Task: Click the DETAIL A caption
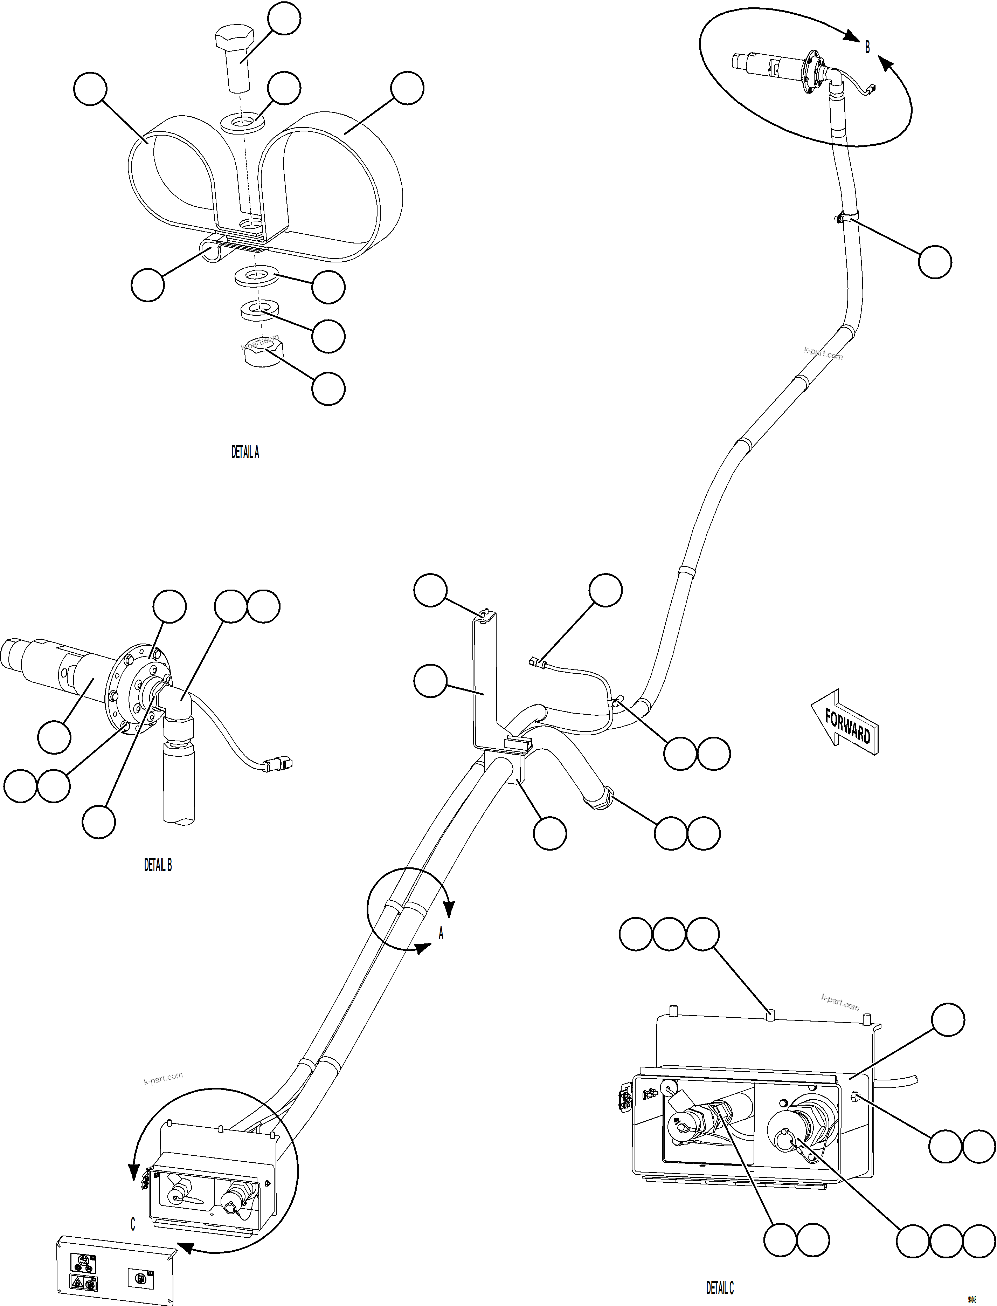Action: click(x=245, y=452)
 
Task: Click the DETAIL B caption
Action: click(x=158, y=866)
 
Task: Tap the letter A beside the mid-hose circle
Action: click(x=441, y=934)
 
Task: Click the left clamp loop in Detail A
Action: click(x=172, y=184)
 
